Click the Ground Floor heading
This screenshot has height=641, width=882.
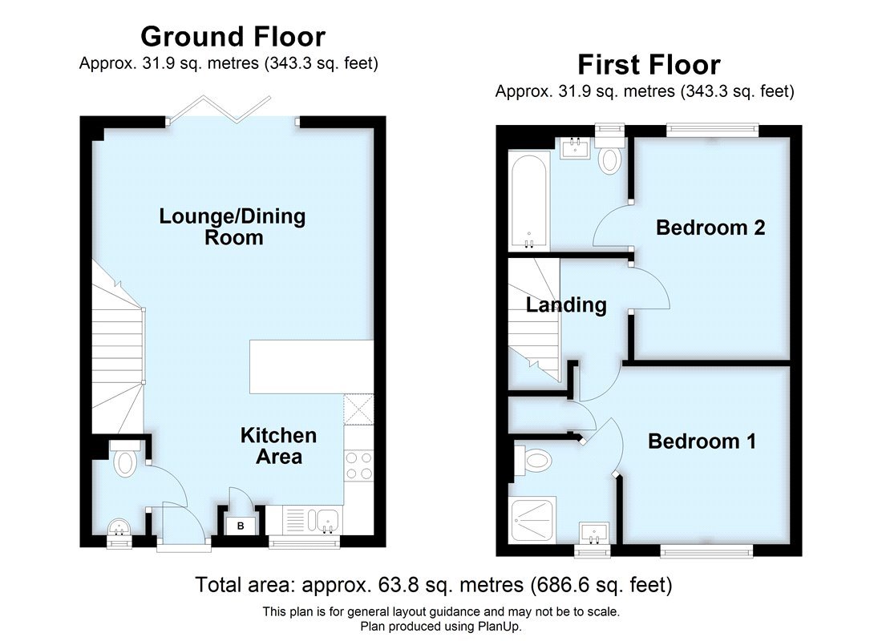tap(233, 37)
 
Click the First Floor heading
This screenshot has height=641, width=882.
tap(649, 65)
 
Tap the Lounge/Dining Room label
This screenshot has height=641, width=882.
tap(233, 227)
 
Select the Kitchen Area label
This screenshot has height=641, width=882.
tap(278, 446)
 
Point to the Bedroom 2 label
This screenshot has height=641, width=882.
tap(710, 228)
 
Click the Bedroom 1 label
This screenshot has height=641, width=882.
tap(702, 441)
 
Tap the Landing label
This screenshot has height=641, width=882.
tap(566, 305)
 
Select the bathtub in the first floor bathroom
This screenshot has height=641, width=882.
tap(528, 201)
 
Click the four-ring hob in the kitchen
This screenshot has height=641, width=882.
tap(358, 465)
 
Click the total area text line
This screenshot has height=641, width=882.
tap(434, 585)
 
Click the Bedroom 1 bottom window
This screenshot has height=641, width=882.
tap(706, 550)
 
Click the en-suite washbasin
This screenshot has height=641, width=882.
tap(594, 532)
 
